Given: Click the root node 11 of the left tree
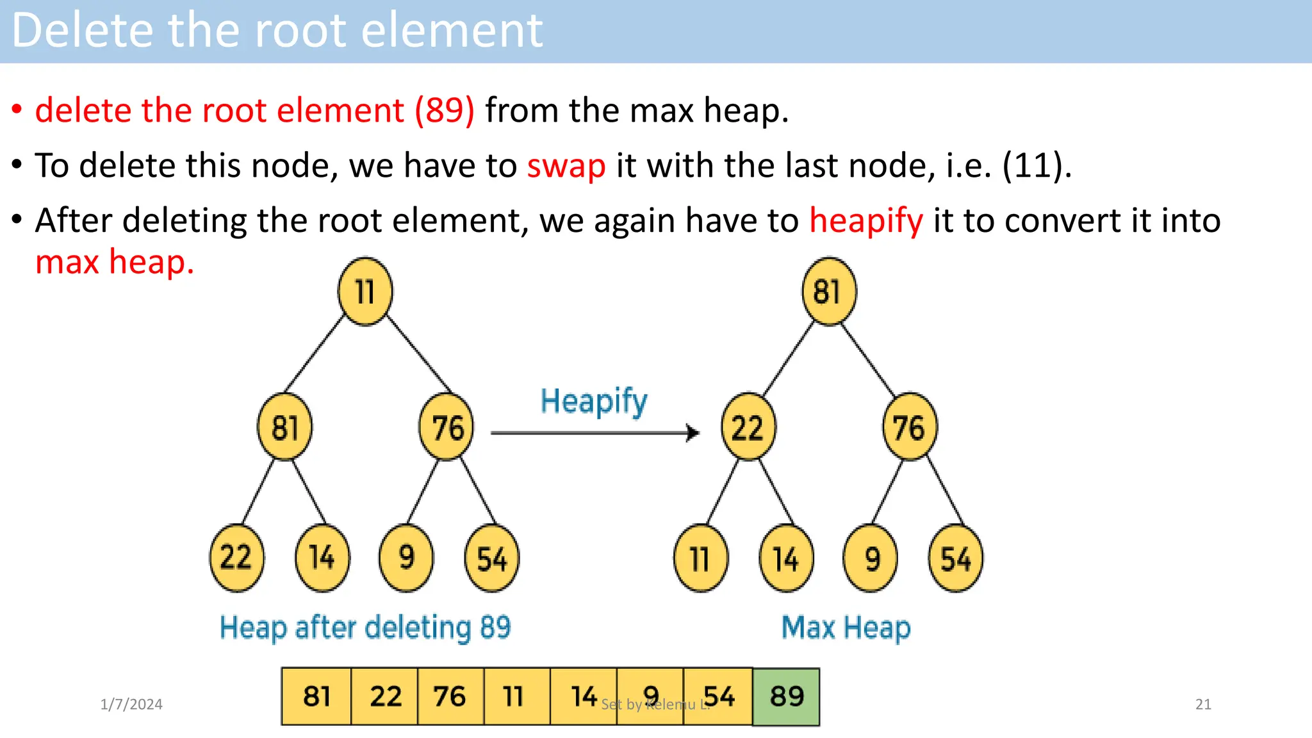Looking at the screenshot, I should pos(365,291).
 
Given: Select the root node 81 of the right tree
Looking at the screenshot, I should pos(829,291).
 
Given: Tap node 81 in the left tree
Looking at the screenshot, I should pos(285,427).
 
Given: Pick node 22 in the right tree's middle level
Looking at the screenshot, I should pos(748,427).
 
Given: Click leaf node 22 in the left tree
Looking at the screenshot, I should pos(236,558).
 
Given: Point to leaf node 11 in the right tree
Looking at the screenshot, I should pos(701,558).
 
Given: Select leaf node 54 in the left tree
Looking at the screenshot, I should pos(492,558).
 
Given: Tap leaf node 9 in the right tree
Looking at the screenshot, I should pos(871,558).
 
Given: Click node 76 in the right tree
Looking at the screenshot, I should pos(910,427).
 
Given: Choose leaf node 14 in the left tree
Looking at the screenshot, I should pos(322,558).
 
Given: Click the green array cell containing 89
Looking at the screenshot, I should pos(786,696).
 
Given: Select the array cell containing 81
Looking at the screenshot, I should pos(316,696).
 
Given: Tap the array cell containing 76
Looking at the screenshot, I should pos(450,696).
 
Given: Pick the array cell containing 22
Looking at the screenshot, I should pos(385,696).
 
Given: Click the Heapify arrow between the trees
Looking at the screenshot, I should pos(594,433).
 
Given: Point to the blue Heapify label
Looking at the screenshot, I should pos(594,402).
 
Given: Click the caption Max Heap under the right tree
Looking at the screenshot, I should pos(846,627).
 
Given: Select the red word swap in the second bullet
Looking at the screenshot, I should pos(566,166).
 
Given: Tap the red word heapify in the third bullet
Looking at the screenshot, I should pos(866,221).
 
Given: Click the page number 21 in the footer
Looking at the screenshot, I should pos(1203,704).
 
